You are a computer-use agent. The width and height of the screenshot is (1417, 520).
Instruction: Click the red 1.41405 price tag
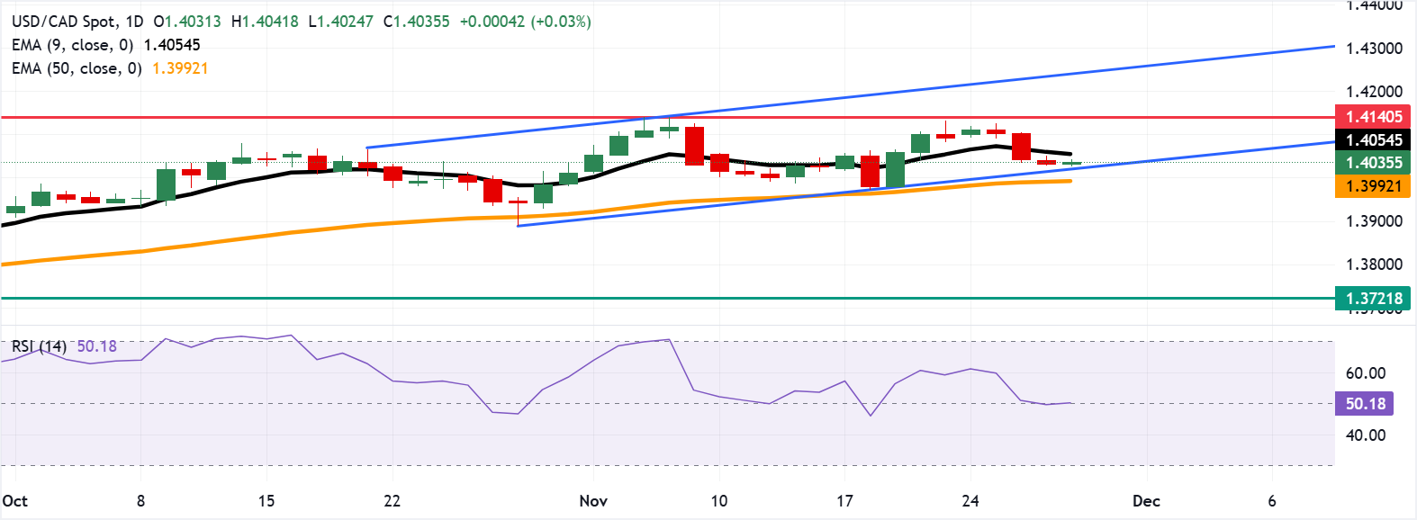(1374, 117)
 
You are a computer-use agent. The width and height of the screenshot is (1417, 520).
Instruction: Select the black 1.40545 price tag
(1374, 140)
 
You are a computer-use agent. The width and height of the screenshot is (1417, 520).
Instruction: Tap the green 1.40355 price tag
(1374, 163)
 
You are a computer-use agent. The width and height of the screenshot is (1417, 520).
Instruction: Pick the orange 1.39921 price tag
(1374, 186)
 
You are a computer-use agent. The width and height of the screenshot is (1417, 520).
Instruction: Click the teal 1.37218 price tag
(1374, 299)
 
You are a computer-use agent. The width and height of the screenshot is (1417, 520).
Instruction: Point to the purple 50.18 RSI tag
(1365, 404)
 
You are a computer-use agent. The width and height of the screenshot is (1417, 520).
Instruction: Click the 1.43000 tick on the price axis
(1374, 49)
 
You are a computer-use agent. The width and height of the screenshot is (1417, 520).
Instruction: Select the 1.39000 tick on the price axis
(1374, 221)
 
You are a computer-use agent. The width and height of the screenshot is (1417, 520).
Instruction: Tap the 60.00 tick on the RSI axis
(1366, 373)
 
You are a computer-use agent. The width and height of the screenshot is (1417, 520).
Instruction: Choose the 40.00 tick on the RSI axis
(1366, 435)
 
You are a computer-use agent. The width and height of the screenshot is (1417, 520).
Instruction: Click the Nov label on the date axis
(593, 501)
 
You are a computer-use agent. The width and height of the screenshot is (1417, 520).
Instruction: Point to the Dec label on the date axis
(1146, 501)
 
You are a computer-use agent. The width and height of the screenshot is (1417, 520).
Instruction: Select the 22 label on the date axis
(392, 501)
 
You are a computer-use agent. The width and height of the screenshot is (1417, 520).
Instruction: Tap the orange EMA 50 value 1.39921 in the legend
(180, 68)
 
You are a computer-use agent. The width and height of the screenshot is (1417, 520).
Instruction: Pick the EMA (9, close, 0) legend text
(72, 45)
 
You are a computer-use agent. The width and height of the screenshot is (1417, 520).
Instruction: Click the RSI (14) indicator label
(39, 346)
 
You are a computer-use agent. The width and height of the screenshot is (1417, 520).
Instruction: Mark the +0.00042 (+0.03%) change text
(525, 22)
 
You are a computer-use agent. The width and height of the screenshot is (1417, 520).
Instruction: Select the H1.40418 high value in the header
(265, 22)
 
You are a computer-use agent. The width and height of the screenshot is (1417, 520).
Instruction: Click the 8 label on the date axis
(140, 501)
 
